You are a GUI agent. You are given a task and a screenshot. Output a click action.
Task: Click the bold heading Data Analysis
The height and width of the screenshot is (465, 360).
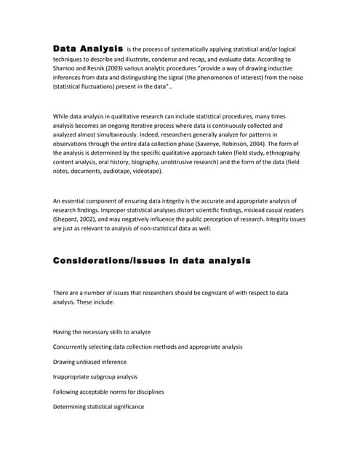[x=87, y=48]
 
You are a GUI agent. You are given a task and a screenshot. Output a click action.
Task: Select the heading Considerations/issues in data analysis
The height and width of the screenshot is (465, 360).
[x=151, y=260]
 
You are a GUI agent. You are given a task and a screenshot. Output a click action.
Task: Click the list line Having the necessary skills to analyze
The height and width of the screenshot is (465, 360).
[x=102, y=331]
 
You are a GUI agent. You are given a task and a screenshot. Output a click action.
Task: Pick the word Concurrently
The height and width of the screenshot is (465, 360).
[x=74, y=347]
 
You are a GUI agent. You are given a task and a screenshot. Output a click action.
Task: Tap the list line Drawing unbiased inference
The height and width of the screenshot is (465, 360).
[x=89, y=361]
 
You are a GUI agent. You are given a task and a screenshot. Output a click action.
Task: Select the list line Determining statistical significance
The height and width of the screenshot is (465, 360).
[x=98, y=406]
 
